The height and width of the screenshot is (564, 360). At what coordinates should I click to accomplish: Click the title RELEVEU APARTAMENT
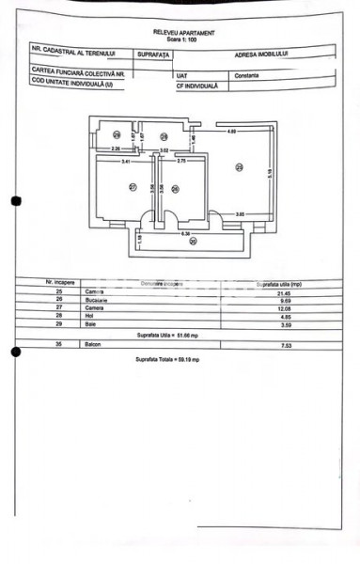click(x=182, y=31)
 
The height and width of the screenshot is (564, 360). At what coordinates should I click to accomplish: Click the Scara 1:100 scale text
click(x=182, y=38)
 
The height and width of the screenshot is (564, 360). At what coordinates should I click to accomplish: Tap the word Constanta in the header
click(x=248, y=74)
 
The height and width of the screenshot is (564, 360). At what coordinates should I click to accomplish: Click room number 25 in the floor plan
click(x=239, y=167)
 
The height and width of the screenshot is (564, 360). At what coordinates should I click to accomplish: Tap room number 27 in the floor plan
click(x=133, y=187)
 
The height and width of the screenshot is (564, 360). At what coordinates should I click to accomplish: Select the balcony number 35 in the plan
click(x=192, y=242)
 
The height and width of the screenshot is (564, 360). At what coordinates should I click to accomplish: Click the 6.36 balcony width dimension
click(x=186, y=232)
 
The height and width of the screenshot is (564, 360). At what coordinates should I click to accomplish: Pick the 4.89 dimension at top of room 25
click(x=231, y=132)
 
